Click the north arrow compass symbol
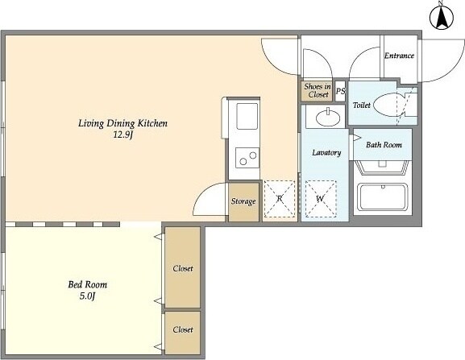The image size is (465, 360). click(442, 17)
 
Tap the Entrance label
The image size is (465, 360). click(399, 56)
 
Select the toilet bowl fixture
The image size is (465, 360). click(388, 105)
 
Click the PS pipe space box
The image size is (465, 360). click(340, 91)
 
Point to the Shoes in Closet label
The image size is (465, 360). click(318, 90)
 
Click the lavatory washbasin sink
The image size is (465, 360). click(328, 118)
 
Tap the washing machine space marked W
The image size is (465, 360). click(321, 198)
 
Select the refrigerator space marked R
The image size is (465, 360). click(280, 198)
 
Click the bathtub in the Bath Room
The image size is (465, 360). click(383, 197)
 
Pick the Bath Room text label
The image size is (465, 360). click(384, 145)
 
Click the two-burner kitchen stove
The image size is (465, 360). click(247, 158)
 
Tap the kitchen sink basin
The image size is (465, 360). click(247, 116)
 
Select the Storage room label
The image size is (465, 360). click(243, 201)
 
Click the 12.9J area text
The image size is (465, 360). click(122, 135)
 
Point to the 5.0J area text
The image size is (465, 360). click(87, 296)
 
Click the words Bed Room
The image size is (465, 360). click(88, 285)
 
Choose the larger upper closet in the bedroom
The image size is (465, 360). click(182, 267)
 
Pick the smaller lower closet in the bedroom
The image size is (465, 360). click(182, 333)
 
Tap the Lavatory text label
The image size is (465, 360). click(326, 153)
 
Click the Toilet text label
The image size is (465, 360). click(362, 105)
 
